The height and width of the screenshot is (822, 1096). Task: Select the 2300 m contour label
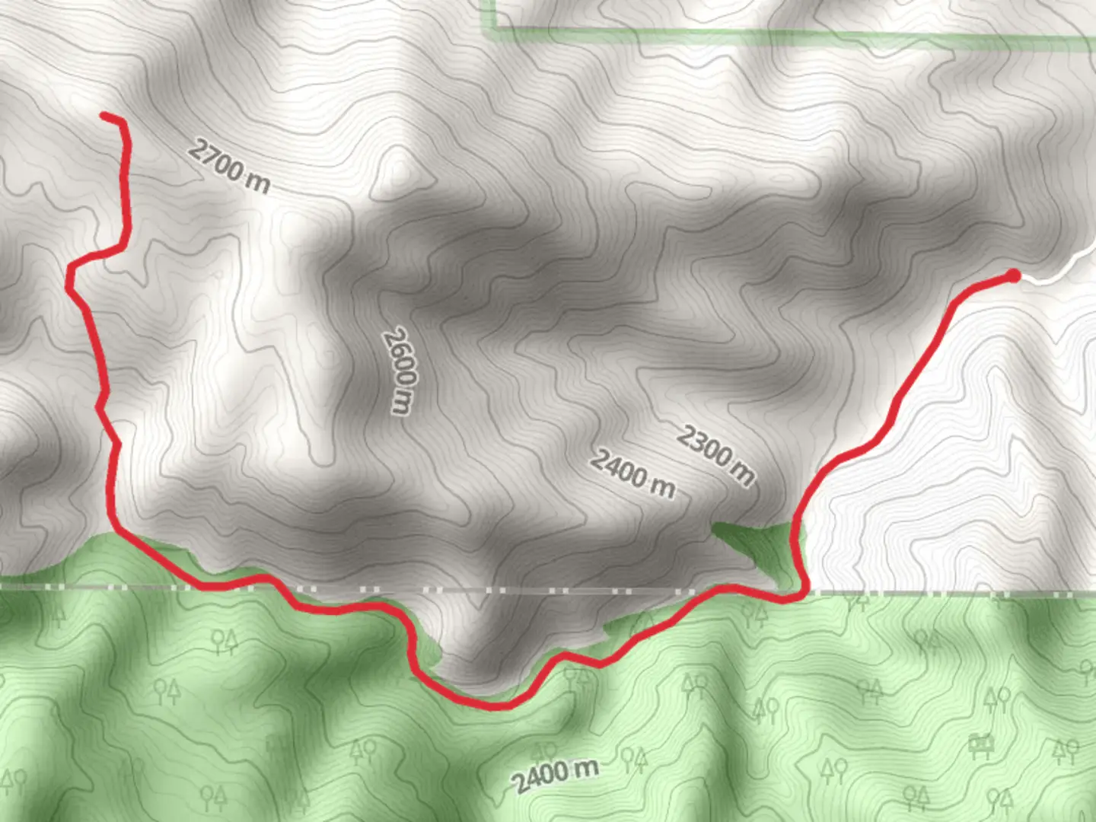(x=716, y=455)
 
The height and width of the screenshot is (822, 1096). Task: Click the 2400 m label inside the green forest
(x=555, y=775)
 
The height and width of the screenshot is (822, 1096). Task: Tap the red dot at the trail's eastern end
(x=1013, y=275)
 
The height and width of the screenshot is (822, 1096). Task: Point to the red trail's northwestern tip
(x=104, y=116)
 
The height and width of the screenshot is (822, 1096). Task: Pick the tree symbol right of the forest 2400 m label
(x=633, y=757)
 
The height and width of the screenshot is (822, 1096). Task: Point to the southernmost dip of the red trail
(x=495, y=706)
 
